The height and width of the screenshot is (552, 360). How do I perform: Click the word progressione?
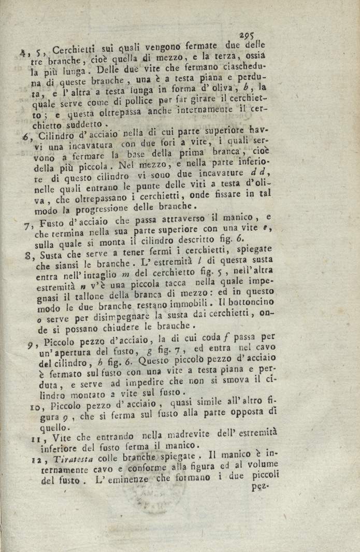(x=90, y=210)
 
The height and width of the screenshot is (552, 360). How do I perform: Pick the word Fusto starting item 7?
(x=49, y=224)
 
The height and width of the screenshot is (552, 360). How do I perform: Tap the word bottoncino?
(x=257, y=302)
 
